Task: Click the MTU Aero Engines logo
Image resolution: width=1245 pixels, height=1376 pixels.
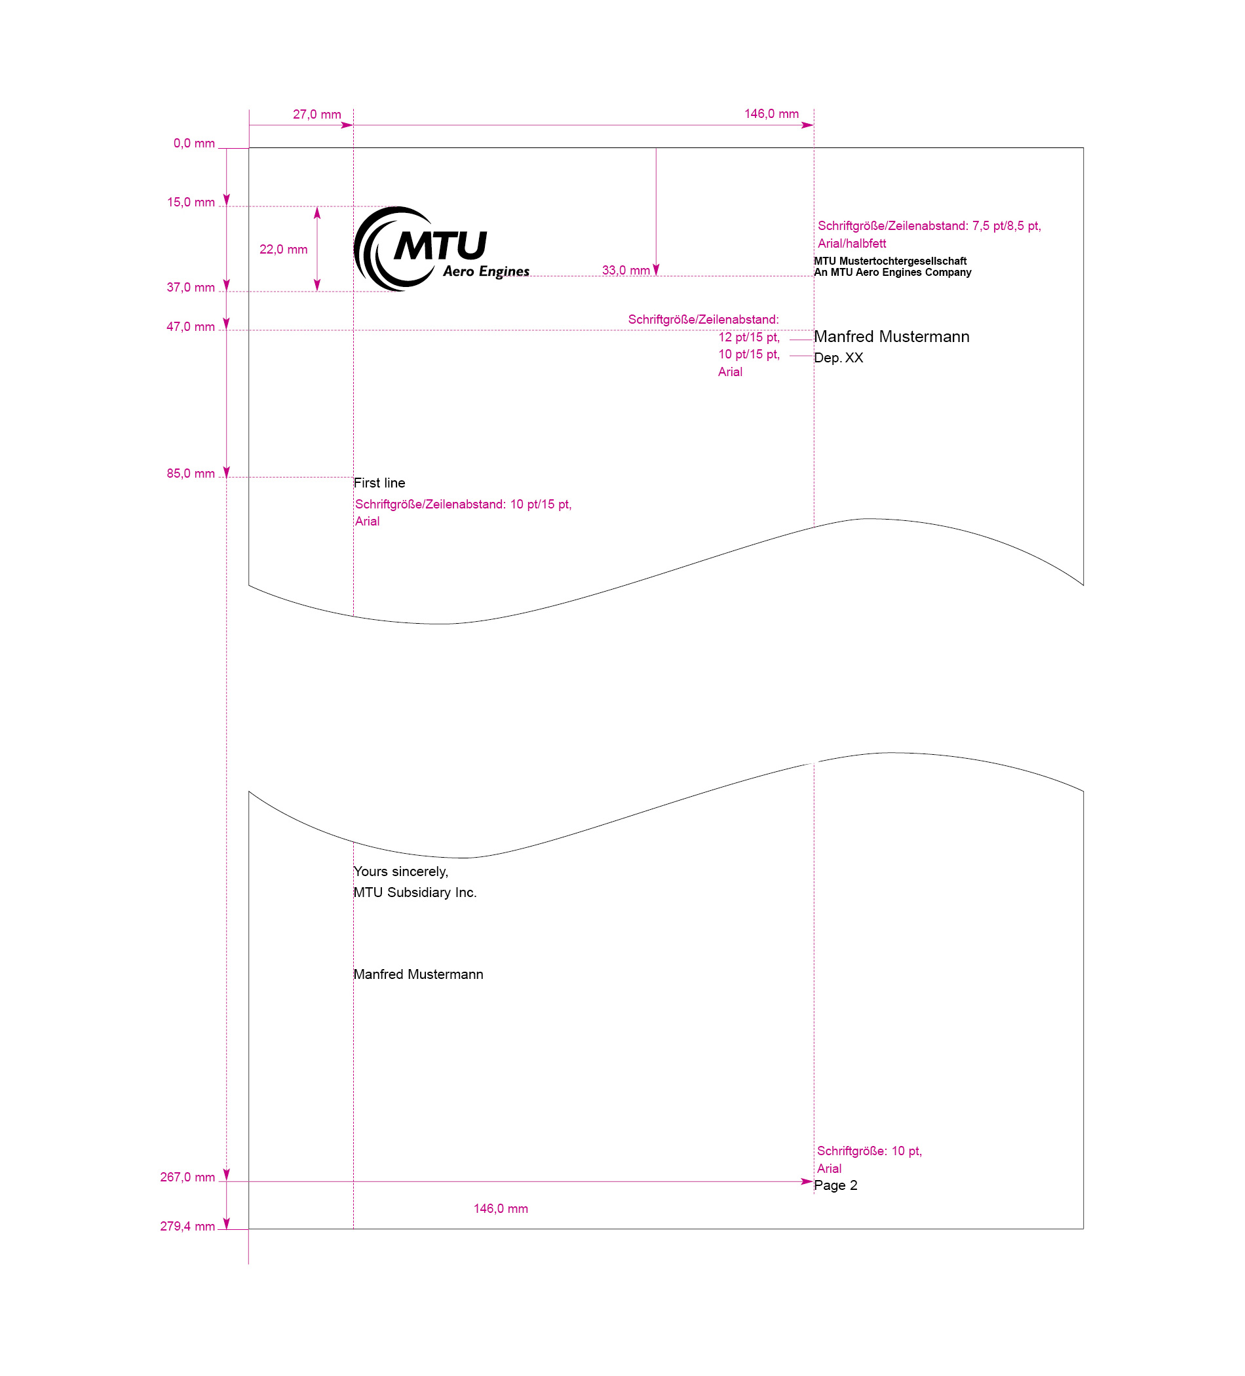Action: pos(441,249)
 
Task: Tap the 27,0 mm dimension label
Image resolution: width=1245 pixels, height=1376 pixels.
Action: pos(316,115)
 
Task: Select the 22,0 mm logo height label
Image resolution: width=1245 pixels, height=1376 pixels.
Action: pos(283,250)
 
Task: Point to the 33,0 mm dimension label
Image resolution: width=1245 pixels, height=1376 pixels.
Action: pos(625,270)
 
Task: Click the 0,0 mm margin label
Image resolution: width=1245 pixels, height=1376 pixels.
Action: pos(194,143)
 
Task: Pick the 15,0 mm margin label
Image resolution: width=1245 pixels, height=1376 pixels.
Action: pos(191,202)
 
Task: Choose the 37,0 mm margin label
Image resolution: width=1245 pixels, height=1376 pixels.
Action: pos(191,288)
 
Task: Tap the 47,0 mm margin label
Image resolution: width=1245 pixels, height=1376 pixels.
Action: pos(191,327)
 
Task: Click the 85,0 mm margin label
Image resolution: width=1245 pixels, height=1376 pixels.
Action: pos(191,474)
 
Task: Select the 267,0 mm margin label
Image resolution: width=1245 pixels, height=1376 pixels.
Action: pos(187,1177)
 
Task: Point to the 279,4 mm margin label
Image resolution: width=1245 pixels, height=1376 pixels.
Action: pos(187,1227)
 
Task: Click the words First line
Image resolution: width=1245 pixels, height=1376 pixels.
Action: pos(379,484)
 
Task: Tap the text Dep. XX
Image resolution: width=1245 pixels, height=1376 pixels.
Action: pos(838,358)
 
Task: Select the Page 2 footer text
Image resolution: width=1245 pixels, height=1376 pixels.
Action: pos(835,1185)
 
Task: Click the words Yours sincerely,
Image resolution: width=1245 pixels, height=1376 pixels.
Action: pos(400,871)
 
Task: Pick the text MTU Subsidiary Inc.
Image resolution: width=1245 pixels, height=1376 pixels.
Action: pos(415,892)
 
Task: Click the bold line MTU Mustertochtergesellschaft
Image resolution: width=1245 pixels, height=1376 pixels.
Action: pos(890,261)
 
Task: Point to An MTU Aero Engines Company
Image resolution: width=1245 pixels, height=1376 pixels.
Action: pos(892,273)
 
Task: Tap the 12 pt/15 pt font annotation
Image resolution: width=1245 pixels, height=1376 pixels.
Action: pos(749,337)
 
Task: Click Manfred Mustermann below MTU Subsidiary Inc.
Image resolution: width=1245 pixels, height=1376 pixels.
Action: pos(419,975)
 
